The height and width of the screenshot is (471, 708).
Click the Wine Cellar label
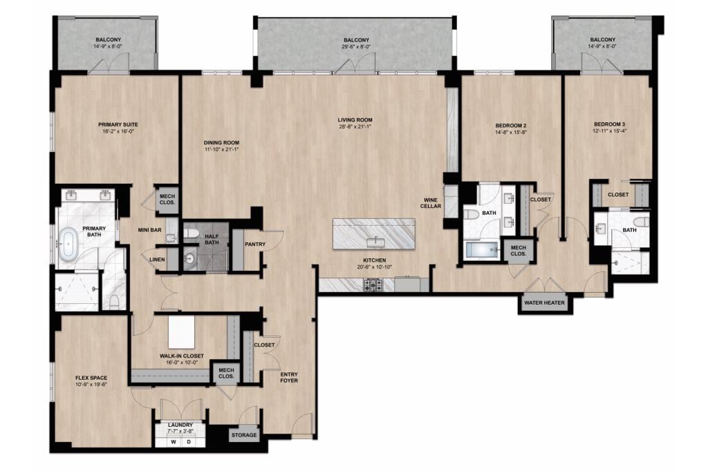[x=431, y=202]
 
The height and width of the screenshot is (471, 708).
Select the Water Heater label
[x=544, y=302]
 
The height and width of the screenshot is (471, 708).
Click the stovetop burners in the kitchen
[x=373, y=285]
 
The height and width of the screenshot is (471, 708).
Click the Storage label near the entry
[x=244, y=435]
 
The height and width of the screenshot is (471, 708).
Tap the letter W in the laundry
[x=173, y=442]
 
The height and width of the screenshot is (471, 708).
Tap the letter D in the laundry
[x=189, y=442]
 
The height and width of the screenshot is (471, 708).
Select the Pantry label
[x=255, y=244]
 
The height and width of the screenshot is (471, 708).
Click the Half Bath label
[x=212, y=239]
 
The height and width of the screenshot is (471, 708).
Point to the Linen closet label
[x=157, y=260]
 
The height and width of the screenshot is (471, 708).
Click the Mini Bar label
[x=149, y=230]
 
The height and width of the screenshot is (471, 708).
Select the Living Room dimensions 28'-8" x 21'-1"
[x=355, y=127]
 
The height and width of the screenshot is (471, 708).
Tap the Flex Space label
[x=91, y=378]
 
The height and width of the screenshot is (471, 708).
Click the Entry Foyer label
[x=289, y=377]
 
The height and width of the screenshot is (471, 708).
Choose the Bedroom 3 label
[x=610, y=124]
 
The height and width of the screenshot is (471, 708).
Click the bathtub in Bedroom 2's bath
[x=481, y=250]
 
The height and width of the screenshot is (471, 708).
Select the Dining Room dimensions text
[x=221, y=149]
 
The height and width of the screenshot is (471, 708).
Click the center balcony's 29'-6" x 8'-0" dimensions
[x=356, y=46]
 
